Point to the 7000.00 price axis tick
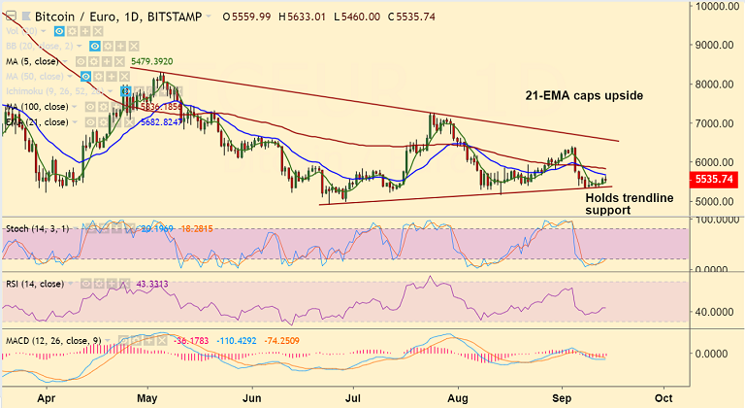[716, 123]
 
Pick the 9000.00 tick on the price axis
[716, 45]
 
